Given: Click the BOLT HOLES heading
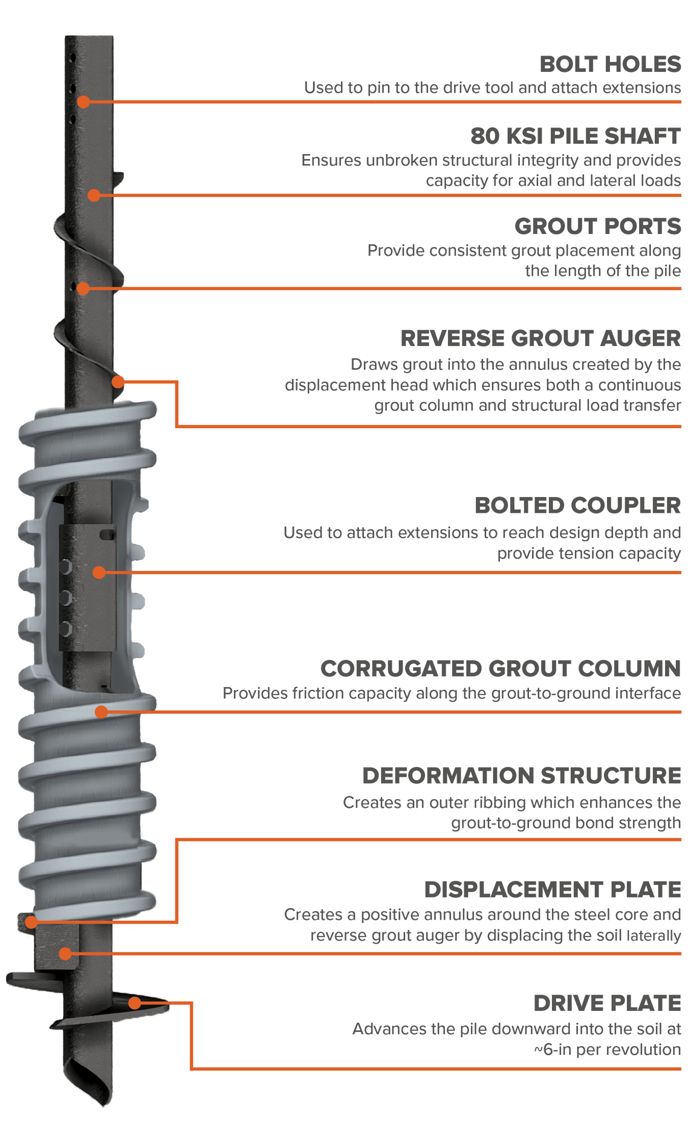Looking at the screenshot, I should pos(610,64).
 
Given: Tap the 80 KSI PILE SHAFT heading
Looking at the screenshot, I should pos(575,136).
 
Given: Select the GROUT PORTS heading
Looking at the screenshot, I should pos(597,226).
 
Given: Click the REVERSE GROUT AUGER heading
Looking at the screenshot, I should pos(540,338).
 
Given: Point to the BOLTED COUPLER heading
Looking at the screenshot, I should pos(577,506).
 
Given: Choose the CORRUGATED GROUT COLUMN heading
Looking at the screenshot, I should pos(500,669).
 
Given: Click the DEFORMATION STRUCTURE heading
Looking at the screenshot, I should pos(521,776).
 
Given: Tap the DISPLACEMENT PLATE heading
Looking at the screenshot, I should pos(552,890).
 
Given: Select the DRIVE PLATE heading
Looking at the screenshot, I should pos(607,1003).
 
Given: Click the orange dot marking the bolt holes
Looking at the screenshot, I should pos(84,102).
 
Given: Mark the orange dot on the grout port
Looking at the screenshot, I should pos(83,289).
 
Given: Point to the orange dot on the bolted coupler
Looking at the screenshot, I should pos(99,572).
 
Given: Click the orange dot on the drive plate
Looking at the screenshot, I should pos(135,1003).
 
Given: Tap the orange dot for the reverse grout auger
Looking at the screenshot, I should pos(118,381).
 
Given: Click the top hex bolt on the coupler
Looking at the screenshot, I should pos(66,567).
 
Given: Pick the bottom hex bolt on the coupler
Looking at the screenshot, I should pos(66,629).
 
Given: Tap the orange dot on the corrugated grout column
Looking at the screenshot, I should pos(101,712).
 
